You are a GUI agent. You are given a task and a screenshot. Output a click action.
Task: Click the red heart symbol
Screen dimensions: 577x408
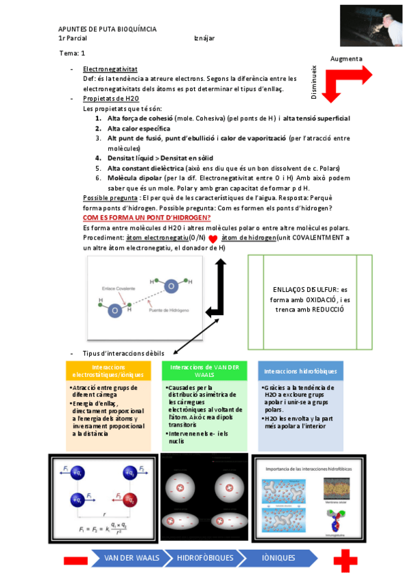point(213,239)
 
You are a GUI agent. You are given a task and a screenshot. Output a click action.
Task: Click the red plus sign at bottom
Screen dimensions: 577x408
point(345,560)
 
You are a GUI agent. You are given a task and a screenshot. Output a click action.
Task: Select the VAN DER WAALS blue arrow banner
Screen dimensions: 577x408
point(132,558)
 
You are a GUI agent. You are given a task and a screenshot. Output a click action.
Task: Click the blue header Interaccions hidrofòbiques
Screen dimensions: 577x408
point(300,371)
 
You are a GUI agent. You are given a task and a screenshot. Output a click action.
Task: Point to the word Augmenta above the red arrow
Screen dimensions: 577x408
point(346,59)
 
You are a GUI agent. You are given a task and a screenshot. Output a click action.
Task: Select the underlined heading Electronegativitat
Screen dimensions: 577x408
point(110,69)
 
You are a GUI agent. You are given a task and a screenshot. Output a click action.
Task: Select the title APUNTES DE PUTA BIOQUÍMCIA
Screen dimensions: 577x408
point(107,29)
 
